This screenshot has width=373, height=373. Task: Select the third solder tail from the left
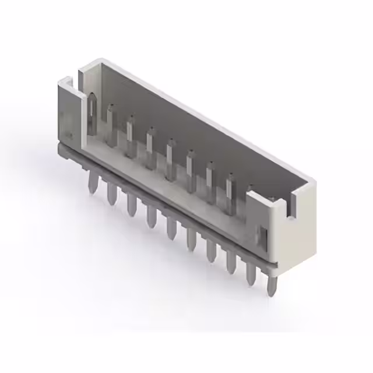pyautogui.click(x=132, y=204)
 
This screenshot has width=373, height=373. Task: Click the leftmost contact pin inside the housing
pyautogui.click(x=92, y=111)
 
